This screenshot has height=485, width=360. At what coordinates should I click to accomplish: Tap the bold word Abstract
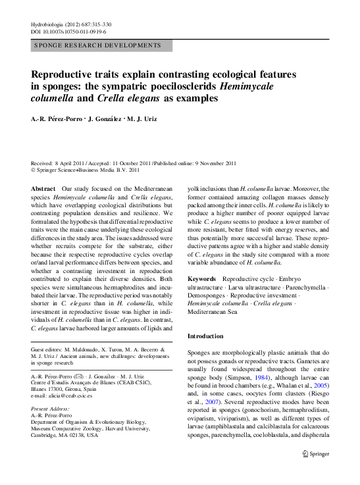point(43,188)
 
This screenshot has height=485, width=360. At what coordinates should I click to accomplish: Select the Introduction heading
point(206,336)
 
